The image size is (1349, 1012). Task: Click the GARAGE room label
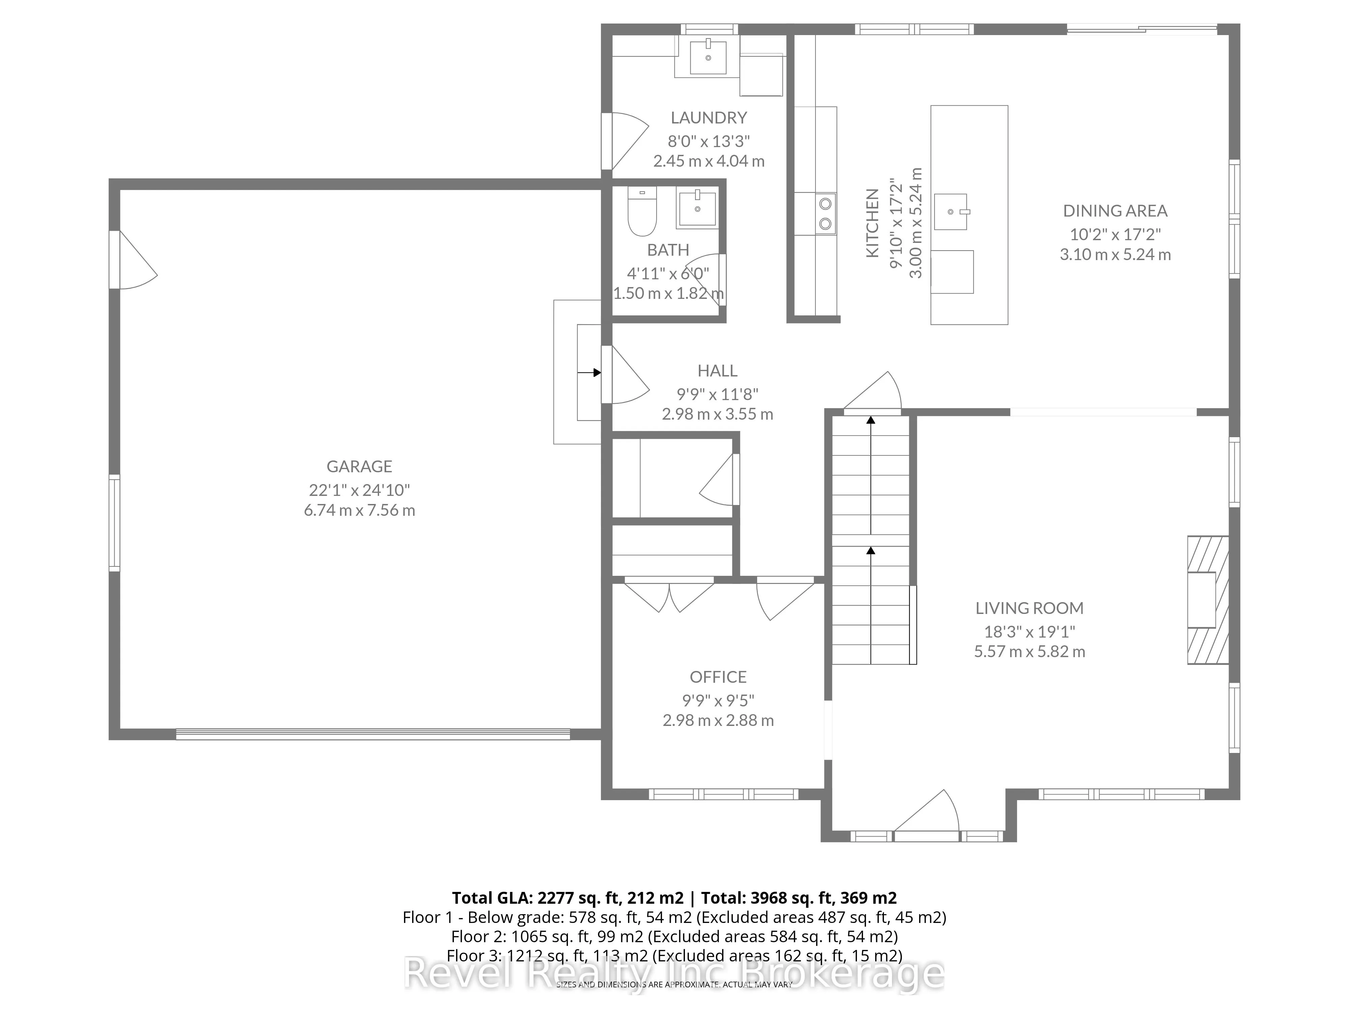coord(359,467)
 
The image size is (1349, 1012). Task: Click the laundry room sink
coord(708,56)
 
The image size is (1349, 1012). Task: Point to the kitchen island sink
coord(951,212)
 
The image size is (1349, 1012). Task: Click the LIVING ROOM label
coord(1029,608)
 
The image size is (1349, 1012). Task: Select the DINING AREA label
coord(1115,211)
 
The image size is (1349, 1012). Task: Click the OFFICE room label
coord(718,677)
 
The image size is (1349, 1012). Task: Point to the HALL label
coord(717,371)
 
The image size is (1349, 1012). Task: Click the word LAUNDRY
coord(709,118)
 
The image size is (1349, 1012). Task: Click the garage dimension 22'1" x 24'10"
coord(359,490)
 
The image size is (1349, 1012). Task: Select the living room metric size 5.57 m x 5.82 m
coord(1029,651)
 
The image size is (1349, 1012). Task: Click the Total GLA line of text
coord(674,898)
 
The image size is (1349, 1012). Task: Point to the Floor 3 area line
coord(674,955)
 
